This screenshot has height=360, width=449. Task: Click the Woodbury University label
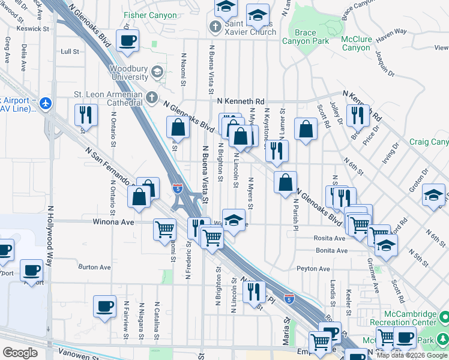pyautogui.click(x=128, y=73)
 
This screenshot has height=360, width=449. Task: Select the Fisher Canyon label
pyautogui.click(x=147, y=14)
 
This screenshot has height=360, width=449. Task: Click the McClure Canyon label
pyautogui.click(x=355, y=43)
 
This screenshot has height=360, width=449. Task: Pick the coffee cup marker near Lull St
pyautogui.click(x=127, y=41)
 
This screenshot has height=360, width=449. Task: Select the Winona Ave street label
pyautogui.click(x=112, y=221)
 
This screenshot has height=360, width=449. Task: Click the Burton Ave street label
pyautogui.click(x=95, y=267)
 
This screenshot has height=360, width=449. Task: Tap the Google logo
pyautogui.click(x=20, y=353)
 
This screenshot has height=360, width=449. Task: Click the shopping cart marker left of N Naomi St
pyautogui.click(x=164, y=229)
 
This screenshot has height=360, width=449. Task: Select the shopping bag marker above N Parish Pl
pyautogui.click(x=286, y=182)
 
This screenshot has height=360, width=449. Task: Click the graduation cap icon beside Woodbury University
pyautogui.click(x=157, y=72)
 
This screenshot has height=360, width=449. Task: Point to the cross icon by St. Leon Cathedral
pyautogui.click(x=152, y=96)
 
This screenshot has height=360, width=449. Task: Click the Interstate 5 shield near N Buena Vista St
pyautogui.click(x=178, y=188)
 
